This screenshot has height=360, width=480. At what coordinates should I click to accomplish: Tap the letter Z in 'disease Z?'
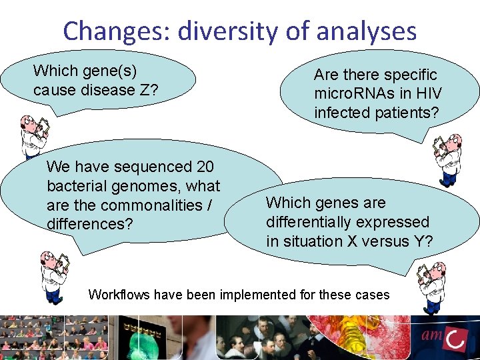[145, 90]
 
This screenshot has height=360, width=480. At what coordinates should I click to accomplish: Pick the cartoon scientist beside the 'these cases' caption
[432, 287]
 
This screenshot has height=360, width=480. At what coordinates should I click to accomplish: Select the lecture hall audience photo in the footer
[53, 337]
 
